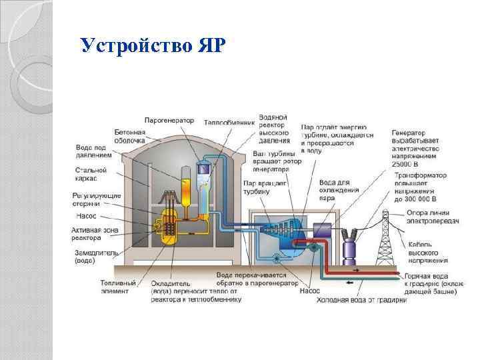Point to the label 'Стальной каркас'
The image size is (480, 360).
click(x=91, y=175)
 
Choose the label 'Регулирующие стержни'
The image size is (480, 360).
click(x=97, y=198)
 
